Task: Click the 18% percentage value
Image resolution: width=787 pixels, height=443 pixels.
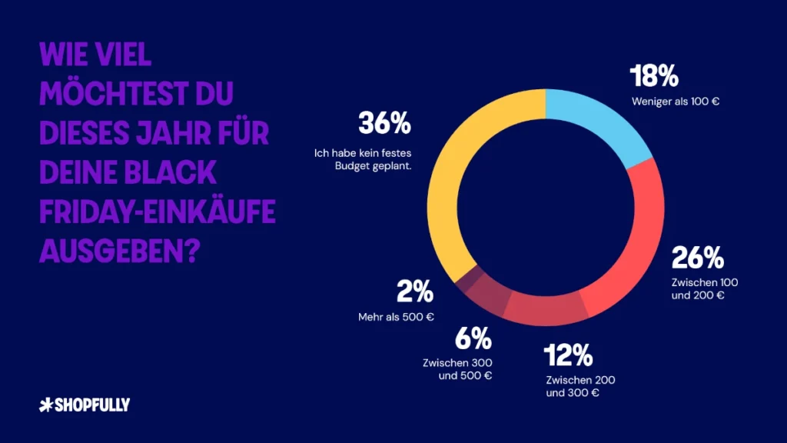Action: click(654, 77)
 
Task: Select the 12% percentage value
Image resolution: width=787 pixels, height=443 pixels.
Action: click(569, 355)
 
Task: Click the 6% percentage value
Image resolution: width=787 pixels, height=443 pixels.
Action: click(471, 338)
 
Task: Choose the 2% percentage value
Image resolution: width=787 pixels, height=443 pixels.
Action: click(414, 292)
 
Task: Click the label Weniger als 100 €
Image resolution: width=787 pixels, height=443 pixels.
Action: click(676, 101)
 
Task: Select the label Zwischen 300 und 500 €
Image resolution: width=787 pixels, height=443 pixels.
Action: click(457, 369)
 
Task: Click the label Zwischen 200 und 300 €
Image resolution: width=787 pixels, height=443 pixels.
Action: click(580, 386)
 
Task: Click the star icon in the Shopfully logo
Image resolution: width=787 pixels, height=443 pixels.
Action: click(45, 405)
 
